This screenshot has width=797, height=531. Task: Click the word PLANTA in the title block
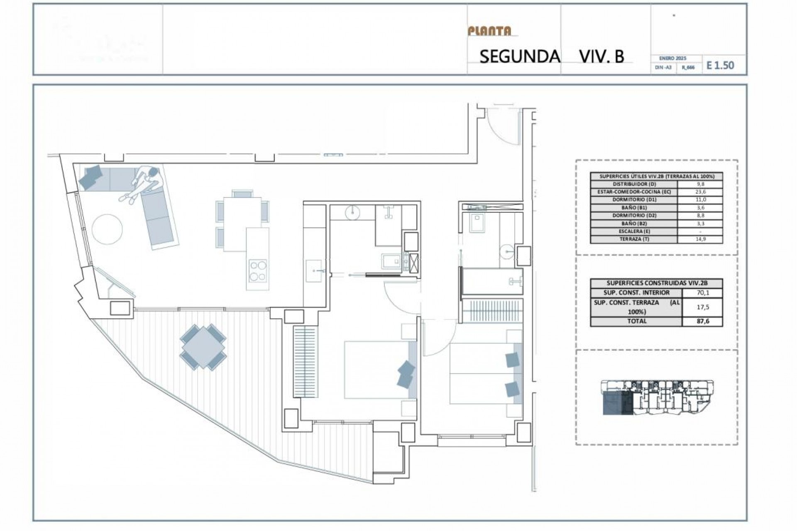click(489, 31)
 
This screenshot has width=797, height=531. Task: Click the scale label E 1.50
click(720, 65)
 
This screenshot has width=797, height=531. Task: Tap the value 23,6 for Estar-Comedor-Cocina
click(701, 192)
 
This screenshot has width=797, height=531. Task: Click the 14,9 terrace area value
click(701, 239)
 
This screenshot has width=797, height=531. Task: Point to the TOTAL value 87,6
click(702, 322)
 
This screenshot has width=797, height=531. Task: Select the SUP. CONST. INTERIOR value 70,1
click(702, 293)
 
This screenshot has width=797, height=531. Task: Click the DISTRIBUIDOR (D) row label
click(634, 184)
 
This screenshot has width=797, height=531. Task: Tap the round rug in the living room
click(107, 229)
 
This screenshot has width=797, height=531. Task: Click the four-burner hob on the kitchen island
click(257, 270)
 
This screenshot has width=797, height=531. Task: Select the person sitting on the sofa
click(143, 183)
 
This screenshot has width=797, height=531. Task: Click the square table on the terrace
click(203, 346)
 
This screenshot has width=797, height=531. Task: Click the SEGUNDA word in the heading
click(520, 57)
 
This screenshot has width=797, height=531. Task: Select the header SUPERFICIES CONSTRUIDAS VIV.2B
click(657, 283)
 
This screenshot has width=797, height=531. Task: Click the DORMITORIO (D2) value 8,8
click(701, 216)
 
